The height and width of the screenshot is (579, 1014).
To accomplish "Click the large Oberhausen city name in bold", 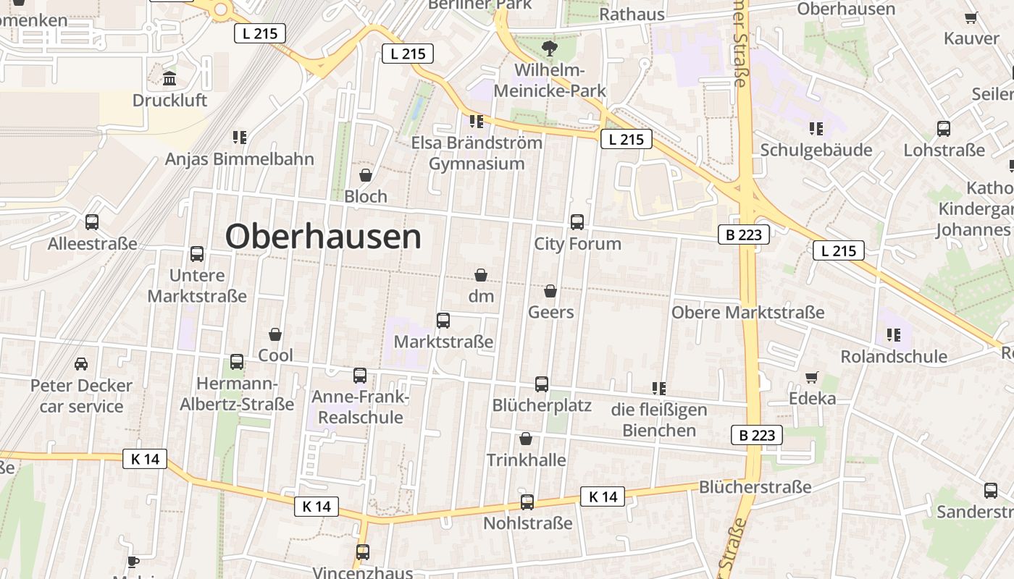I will (x=323, y=237).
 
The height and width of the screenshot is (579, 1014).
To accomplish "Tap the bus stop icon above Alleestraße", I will (x=92, y=222).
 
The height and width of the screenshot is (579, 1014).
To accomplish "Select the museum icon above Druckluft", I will (x=169, y=78).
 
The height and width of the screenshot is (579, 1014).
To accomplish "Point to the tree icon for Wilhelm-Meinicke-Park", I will (x=550, y=49).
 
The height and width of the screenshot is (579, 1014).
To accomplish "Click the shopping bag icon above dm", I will (x=480, y=275).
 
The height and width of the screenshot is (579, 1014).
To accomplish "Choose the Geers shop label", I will (x=551, y=312).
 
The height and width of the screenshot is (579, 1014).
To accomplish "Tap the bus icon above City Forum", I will (x=577, y=222).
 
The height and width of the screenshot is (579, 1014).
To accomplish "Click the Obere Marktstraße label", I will (x=747, y=313).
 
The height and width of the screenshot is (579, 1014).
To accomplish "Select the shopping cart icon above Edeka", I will (x=812, y=377).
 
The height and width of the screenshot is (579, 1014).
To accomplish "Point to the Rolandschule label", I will (x=894, y=357).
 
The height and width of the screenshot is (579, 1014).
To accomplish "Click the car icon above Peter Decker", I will (x=81, y=363).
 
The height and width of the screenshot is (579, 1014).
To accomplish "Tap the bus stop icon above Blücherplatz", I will (x=542, y=384).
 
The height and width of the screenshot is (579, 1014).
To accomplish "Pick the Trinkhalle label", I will (x=527, y=460).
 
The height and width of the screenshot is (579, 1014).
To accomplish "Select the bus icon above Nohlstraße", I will (x=527, y=502).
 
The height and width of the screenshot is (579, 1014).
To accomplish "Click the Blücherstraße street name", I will (x=755, y=487).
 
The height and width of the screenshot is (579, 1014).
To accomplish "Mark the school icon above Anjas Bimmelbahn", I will (x=240, y=137).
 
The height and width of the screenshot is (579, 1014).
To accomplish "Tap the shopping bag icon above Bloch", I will (x=366, y=175).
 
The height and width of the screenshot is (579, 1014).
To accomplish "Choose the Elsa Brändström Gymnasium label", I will (x=477, y=153).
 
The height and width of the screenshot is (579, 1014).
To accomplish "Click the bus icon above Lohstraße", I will (x=944, y=129).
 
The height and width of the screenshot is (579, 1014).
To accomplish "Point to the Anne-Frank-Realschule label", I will (x=361, y=407).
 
